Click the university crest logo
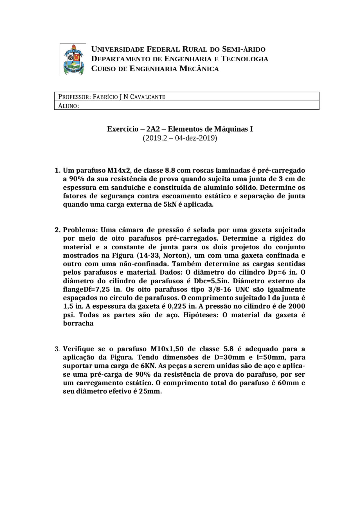tap(73, 60)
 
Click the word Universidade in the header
tap(118, 49)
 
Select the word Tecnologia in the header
tap(244, 59)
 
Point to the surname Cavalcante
tap(147, 97)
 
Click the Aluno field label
tap(68, 106)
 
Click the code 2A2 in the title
tap(153, 129)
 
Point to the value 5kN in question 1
tap(170, 205)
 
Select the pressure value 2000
tap(296, 306)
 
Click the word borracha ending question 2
tap(78, 324)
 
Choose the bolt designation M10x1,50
tap(167, 349)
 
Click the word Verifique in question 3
tap(78, 349)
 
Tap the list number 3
tap(57, 349)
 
